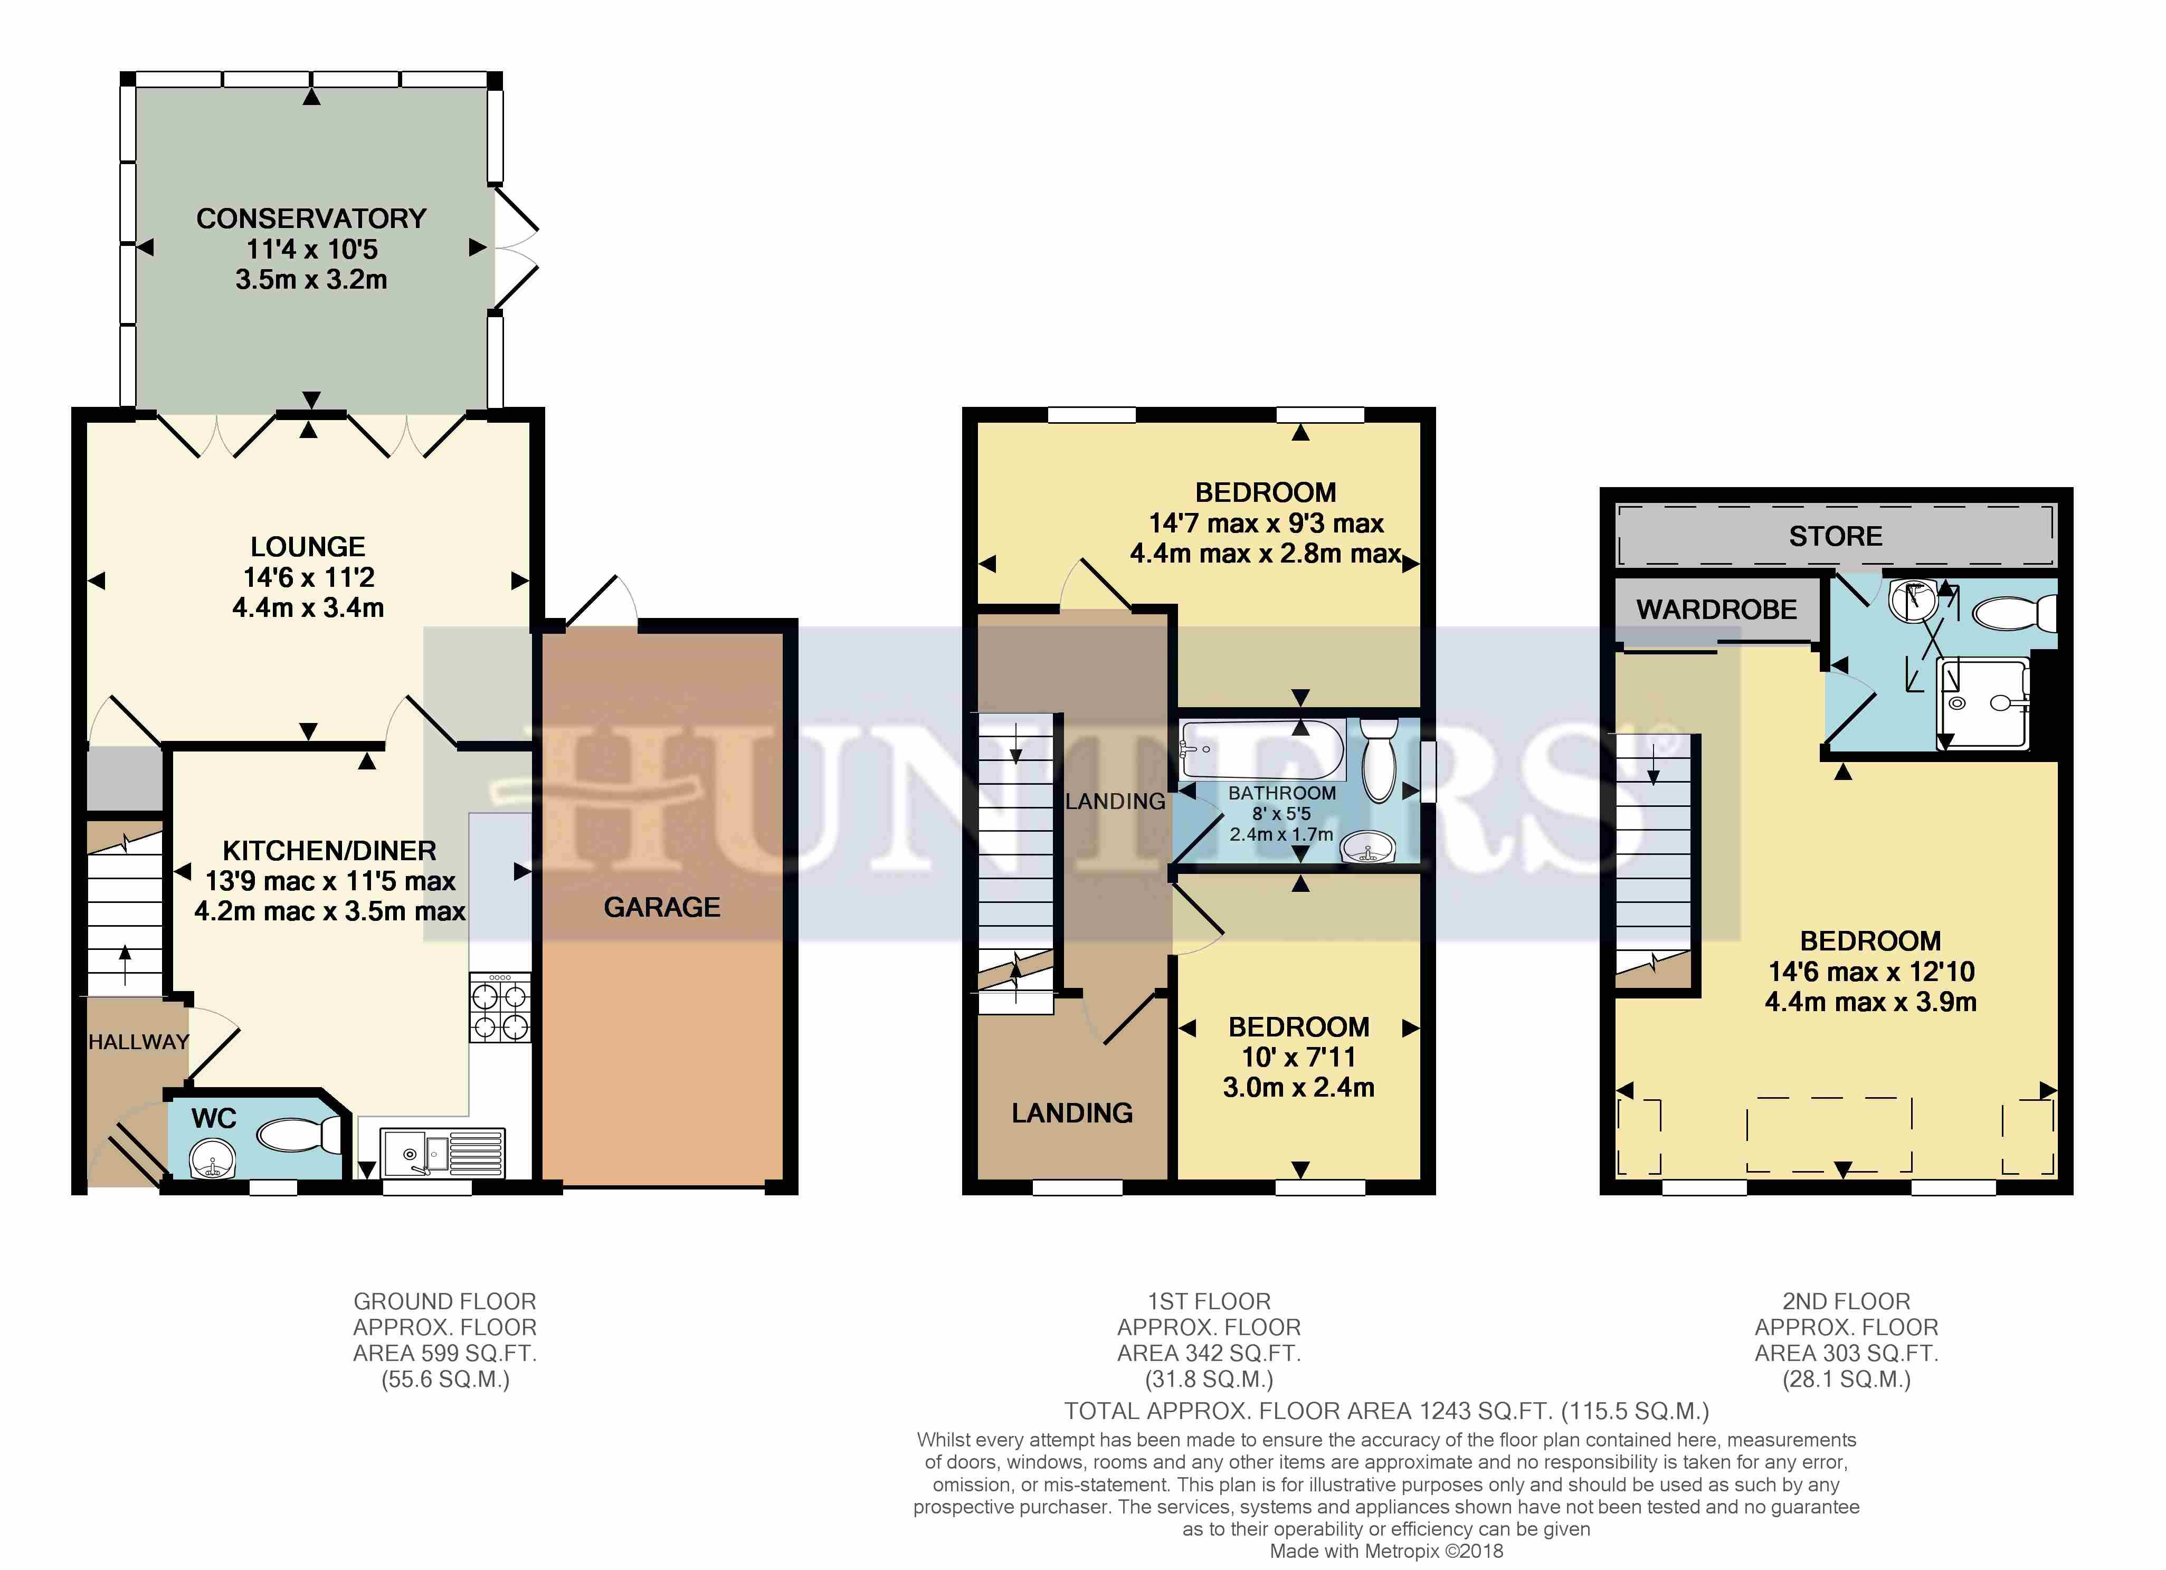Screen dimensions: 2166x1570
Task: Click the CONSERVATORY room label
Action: tap(311, 218)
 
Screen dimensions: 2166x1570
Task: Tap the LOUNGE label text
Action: tap(308, 547)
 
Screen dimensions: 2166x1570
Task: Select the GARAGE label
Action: tap(662, 907)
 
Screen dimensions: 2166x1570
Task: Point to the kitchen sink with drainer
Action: tap(442, 1153)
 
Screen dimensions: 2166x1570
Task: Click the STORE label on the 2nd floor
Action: tap(1836, 537)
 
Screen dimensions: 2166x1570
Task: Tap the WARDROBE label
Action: tap(1716, 610)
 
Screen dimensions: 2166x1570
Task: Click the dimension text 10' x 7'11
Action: tap(1299, 1057)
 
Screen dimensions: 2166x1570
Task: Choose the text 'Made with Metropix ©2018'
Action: tap(1386, 1552)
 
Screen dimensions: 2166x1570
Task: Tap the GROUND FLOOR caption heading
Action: tap(445, 1301)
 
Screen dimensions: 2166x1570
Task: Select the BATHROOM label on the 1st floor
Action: tap(1281, 794)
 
